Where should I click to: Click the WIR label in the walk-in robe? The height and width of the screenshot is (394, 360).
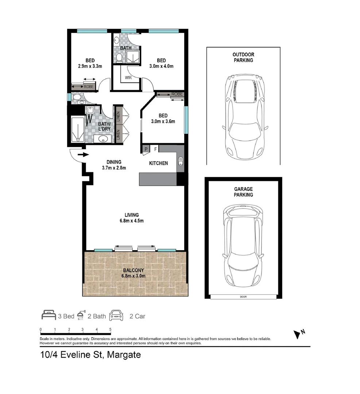128,78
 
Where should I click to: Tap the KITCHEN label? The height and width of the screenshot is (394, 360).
158,163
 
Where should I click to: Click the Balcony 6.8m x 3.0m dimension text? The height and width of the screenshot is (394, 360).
133,276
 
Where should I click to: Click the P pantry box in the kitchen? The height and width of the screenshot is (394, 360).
146,149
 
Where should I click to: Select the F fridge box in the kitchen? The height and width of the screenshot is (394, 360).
155,149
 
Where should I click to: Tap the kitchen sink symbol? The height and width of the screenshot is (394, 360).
180,161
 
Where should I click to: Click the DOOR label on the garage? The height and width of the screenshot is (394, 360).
243,297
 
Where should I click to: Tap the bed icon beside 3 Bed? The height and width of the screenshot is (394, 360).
48,316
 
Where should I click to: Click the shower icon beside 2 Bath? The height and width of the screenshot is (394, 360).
81,316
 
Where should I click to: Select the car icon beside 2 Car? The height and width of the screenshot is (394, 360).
116,316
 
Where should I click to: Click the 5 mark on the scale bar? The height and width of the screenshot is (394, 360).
110,329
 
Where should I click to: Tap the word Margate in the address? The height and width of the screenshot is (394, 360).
123,355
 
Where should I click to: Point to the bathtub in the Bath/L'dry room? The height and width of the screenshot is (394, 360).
77,130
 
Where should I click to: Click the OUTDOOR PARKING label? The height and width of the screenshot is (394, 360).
243,57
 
